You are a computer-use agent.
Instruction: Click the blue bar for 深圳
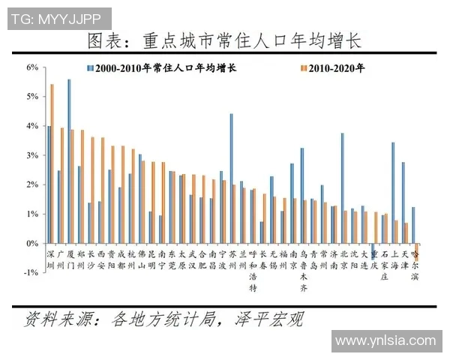(x=49, y=184)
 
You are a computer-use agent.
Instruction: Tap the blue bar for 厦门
(x=69, y=161)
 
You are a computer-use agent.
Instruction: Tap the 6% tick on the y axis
(x=31, y=67)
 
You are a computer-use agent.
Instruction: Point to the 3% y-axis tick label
(x=31, y=155)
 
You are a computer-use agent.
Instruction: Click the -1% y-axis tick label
(x=30, y=273)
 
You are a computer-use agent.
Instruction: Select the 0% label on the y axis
(x=31, y=244)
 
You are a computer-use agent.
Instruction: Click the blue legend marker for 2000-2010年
(x=91, y=68)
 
